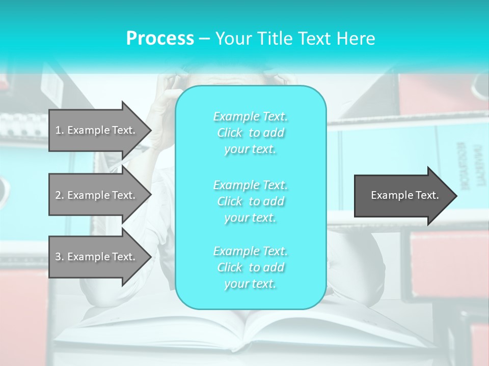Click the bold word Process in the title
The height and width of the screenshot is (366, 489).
pyautogui.click(x=160, y=38)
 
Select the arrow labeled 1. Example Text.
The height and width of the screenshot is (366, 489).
pyautogui.click(x=97, y=130)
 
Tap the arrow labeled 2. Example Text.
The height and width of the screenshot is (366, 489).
pyautogui.click(x=97, y=195)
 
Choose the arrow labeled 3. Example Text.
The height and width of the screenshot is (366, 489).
pyautogui.click(x=97, y=257)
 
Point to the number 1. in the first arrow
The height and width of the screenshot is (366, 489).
pyautogui.click(x=60, y=130)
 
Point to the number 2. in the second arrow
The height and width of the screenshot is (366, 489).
pyautogui.click(x=60, y=195)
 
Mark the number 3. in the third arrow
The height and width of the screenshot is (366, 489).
pyautogui.click(x=60, y=257)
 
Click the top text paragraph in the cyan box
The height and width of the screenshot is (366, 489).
pyautogui.click(x=251, y=133)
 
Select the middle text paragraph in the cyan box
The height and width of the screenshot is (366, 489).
pyautogui.click(x=251, y=201)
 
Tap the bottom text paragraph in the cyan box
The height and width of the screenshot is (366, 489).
pyautogui.click(x=251, y=267)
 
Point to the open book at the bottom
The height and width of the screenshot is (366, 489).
pyautogui.click(x=250, y=330)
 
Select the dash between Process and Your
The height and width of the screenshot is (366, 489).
pyautogui.click(x=205, y=39)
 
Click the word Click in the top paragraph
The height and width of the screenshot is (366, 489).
pyautogui.click(x=230, y=133)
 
